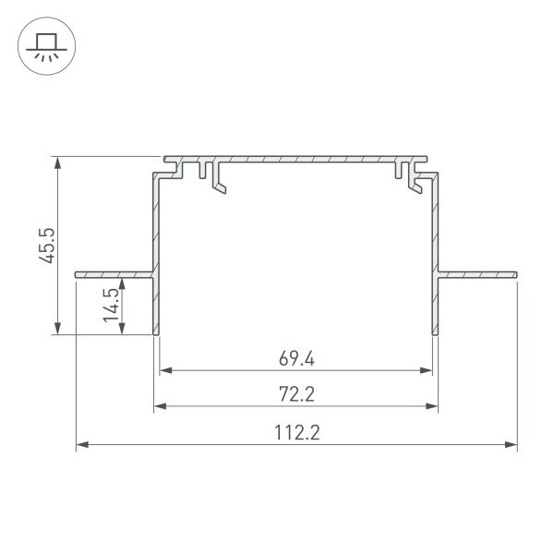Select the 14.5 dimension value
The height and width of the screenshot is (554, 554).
(x=111, y=305)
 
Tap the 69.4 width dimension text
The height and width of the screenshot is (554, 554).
(x=296, y=357)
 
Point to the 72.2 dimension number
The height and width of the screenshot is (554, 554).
(x=296, y=394)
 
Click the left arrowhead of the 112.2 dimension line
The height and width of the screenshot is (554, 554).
(x=80, y=445)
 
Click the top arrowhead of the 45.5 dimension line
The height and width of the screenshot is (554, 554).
(x=58, y=163)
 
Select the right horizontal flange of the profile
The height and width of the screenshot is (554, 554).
(x=478, y=274)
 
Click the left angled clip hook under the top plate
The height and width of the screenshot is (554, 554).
(x=219, y=186)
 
